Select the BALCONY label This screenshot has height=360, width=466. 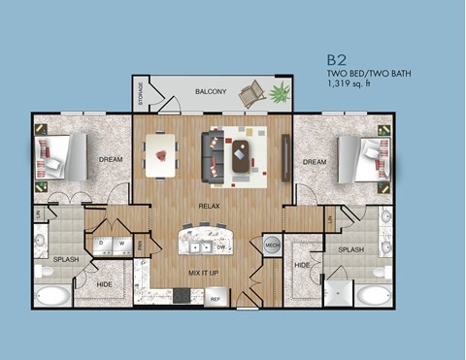(x=211, y=92)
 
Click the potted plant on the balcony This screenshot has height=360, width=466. (x=281, y=94)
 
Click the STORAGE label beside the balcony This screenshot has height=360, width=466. (x=141, y=93)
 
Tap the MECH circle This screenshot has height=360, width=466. (x=273, y=246)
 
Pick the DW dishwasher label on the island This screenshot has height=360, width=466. (x=222, y=247)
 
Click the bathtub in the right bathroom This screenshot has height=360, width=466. (x=371, y=294)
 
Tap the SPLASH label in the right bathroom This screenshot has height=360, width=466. (x=350, y=249)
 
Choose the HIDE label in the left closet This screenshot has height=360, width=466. (x=105, y=284)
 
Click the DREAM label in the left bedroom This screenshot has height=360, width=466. (x=109, y=160)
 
